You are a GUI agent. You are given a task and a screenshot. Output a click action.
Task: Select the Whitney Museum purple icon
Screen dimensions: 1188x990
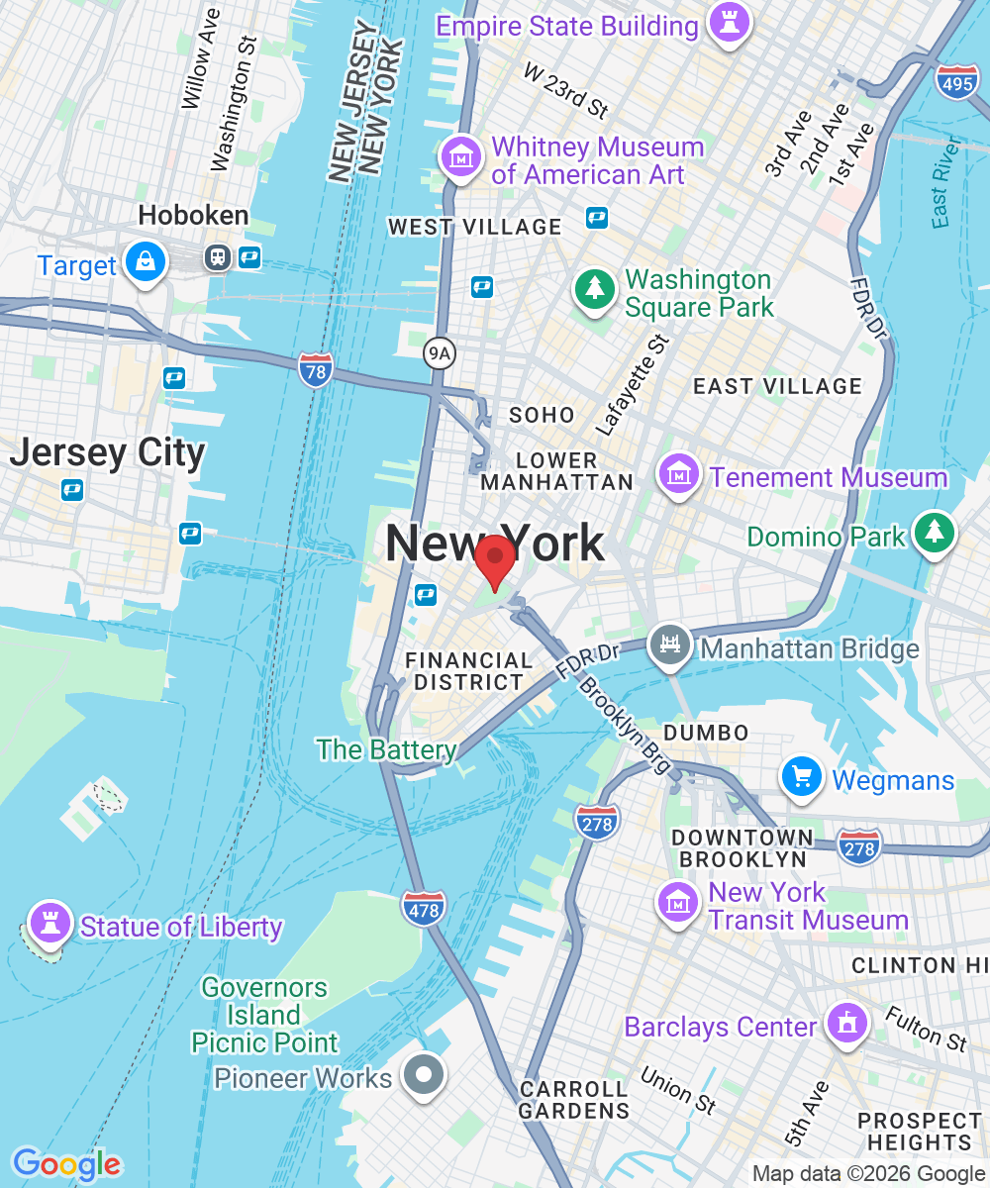coord(461,158)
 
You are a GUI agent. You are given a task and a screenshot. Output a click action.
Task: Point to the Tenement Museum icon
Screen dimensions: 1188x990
coord(680,476)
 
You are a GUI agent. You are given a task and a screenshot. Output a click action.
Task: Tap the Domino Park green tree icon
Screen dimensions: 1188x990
coord(934,534)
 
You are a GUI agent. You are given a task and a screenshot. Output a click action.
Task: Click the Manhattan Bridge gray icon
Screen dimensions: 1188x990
coord(670,646)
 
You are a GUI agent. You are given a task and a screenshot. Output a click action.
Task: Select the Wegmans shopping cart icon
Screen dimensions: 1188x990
coord(802,778)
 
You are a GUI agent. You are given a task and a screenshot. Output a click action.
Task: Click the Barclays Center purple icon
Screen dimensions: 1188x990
coord(846,1023)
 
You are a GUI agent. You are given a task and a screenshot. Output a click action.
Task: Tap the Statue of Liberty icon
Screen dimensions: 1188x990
coord(49,925)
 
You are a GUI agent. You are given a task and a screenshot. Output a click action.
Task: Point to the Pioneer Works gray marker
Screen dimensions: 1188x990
coord(425,1075)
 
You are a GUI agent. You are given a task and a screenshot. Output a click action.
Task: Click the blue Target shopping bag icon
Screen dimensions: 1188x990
coord(147,262)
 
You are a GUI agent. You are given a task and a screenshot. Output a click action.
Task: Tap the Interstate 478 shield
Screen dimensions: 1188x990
coord(424,908)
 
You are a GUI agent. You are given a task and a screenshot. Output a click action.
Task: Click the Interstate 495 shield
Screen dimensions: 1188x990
coord(956,83)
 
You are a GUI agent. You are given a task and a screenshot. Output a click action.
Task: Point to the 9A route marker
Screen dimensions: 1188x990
coord(438,351)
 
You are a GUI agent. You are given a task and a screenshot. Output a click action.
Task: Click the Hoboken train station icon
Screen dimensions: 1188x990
coord(217,258)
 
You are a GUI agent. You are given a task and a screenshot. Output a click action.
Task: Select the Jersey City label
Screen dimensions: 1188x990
coord(107,453)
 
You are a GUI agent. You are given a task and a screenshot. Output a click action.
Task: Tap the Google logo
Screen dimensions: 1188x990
coord(66,1164)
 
